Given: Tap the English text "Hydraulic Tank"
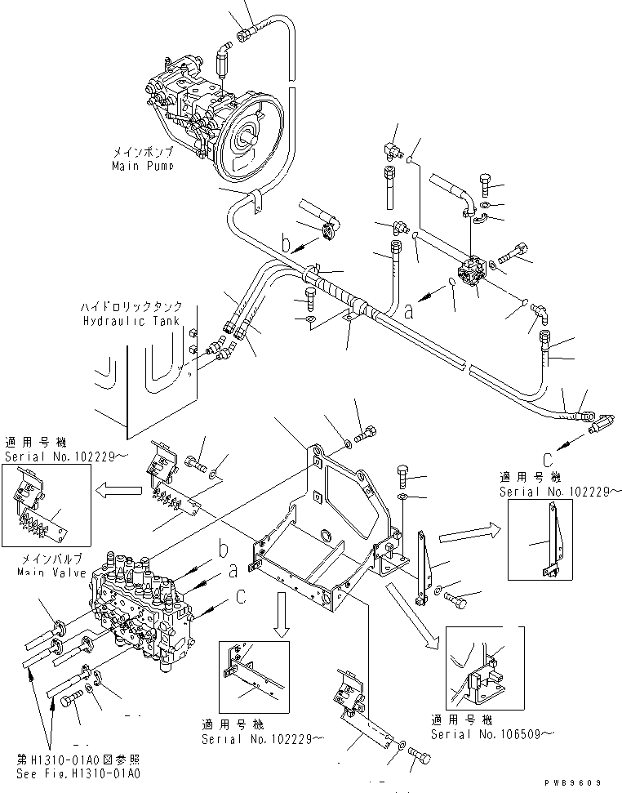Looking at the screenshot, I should coord(130,322).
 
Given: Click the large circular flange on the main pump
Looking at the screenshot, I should coord(249,142).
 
